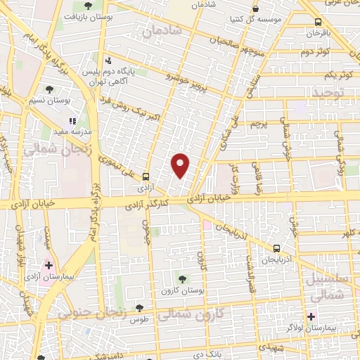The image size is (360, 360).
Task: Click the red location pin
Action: [181, 165]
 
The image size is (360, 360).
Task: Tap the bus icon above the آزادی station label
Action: [146, 176]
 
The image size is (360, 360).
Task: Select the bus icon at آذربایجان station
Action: [277, 248]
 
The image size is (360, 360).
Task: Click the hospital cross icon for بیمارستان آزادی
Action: [49, 265]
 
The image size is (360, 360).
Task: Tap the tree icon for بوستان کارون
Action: [183, 279]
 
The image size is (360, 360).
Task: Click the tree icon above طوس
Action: [139, 307]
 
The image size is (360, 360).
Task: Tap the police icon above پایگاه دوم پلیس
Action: [108, 60]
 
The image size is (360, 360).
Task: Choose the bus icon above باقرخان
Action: [319, 22]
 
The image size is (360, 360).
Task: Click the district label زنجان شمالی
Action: [49, 150]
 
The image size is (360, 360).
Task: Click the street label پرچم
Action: [259, 124]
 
